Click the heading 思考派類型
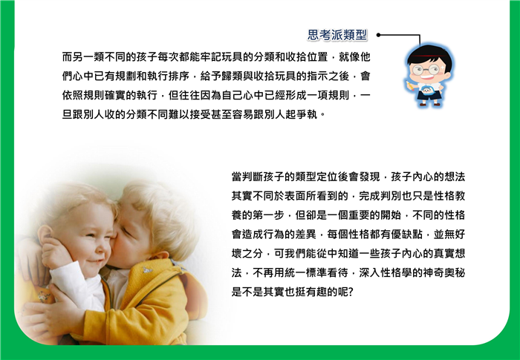tap(337, 35)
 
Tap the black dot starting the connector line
tap(378, 35)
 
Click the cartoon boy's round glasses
tap(426, 70)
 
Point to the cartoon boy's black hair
tap(430, 56)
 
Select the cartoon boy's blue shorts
tap(429, 96)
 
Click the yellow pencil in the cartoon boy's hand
tap(411, 85)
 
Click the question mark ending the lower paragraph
tap(351, 292)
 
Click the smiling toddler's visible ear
tap(45, 235)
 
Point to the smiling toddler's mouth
tap(96, 261)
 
